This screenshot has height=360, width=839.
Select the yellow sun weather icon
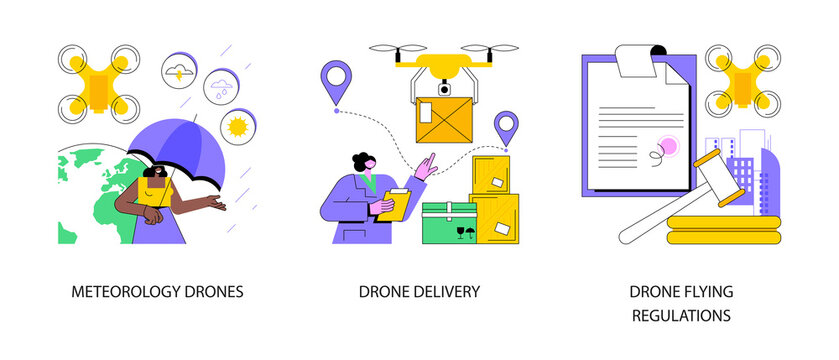point(237,127)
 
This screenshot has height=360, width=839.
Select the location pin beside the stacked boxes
point(507,128)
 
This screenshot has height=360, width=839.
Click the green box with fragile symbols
point(448,224)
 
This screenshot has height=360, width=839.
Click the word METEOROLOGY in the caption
point(126,293)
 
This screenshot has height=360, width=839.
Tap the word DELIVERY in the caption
point(451,293)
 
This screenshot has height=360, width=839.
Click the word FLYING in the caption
point(711,291)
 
